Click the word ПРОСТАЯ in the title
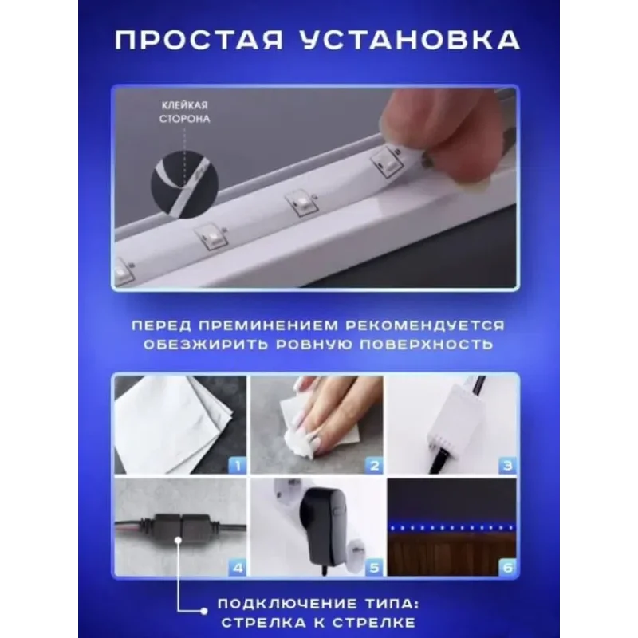pyautogui.click(x=199, y=41)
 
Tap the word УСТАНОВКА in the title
pyautogui.click(x=410, y=41)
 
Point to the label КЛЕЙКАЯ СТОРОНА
pyautogui.click(x=185, y=112)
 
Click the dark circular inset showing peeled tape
pyautogui.click(x=185, y=184)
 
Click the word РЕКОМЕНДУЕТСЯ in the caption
pyautogui.click(x=426, y=325)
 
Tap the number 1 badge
pyautogui.click(x=238, y=465)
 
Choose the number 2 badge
pyautogui.click(x=374, y=465)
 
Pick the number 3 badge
pyautogui.click(x=507, y=465)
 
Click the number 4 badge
pyautogui.click(x=238, y=567)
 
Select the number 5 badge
pyautogui.click(x=374, y=567)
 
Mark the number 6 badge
pyautogui.click(x=507, y=567)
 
